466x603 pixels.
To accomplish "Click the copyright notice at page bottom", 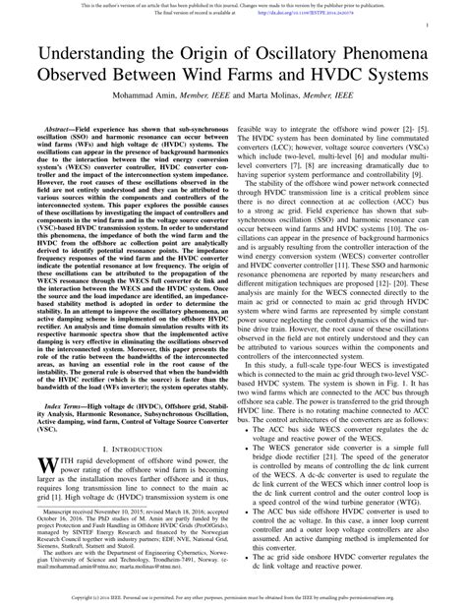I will [233, 595].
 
